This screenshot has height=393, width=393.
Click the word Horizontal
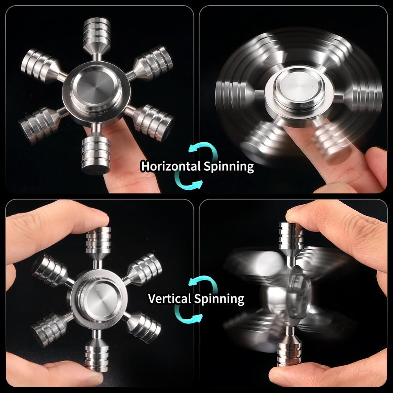[x=171, y=166]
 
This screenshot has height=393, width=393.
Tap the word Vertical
[x=170, y=298]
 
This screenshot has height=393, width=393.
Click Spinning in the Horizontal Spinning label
[x=229, y=166]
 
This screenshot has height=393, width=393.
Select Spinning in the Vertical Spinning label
[x=219, y=298]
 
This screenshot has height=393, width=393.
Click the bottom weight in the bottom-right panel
[x=290, y=351]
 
